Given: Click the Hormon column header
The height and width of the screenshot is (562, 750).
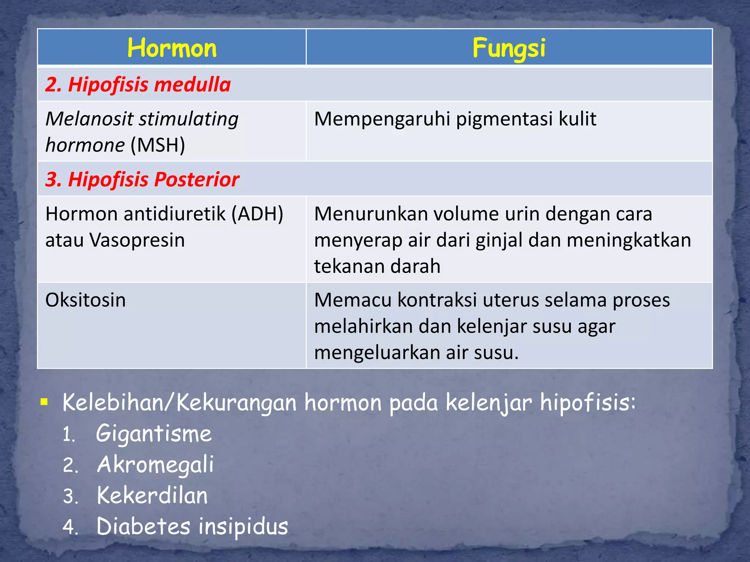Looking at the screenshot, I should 172,48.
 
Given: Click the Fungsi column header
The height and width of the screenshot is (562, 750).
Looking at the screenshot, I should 509,48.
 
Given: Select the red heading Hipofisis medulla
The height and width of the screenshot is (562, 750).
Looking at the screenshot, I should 138,85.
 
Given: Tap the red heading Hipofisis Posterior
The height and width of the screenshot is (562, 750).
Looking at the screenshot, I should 142,179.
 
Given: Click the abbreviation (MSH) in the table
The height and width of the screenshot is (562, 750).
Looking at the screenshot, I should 158,145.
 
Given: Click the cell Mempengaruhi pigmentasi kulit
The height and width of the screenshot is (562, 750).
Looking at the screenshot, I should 455,119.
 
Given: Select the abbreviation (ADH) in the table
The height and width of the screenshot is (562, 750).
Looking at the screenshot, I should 257,214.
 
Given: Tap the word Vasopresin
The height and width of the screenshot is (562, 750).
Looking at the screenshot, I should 137,240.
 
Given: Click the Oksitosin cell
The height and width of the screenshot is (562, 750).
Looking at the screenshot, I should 86,300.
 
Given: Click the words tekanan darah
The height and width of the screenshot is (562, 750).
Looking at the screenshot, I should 377,266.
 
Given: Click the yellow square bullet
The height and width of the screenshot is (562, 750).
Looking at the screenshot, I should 44,402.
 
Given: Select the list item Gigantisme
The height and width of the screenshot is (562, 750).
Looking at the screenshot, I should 154,434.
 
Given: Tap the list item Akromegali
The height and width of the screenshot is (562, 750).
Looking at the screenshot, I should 155,465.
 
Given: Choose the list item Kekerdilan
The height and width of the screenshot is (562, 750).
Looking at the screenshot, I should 152,496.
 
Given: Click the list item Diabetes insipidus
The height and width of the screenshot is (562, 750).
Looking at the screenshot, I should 192,527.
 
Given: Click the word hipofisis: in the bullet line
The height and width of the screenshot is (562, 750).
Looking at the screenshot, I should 588,403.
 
